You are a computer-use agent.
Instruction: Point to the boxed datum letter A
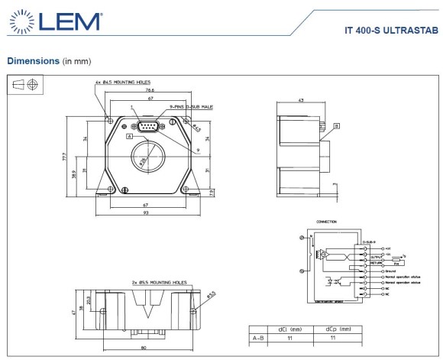click(130, 135)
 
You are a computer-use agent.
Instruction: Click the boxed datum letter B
click(336, 125)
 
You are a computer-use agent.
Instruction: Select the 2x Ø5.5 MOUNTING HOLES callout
click(157, 282)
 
